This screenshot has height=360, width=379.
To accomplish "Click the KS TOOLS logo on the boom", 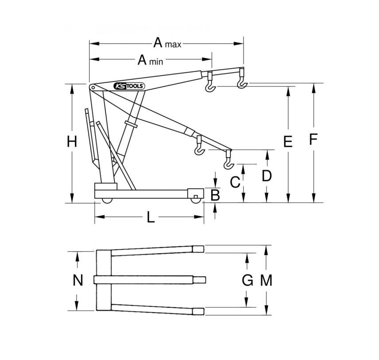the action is tap(129, 86).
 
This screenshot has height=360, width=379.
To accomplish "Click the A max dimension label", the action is tap(167, 43).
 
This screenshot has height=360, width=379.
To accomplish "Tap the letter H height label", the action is tap(72, 141).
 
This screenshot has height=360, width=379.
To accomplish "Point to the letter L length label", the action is tap(151, 217).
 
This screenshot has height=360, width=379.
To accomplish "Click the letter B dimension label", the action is tap(215, 195).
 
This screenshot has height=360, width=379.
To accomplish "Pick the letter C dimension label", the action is tap(235, 182).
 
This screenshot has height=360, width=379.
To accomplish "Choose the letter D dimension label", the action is tap(267, 175).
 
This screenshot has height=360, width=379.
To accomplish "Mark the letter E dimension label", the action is tap(288, 141).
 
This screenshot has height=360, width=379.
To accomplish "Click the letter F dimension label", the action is tap(313, 139).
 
